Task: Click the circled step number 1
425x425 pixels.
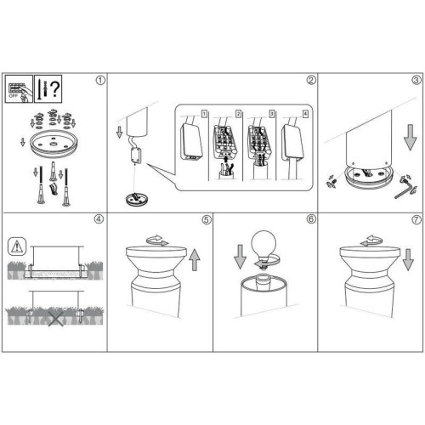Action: [x=100, y=80]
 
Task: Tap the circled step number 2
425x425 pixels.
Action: [x=311, y=80]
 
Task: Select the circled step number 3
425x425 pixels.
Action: [x=416, y=80]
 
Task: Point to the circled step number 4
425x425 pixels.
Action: [x=99, y=219]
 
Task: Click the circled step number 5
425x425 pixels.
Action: [x=207, y=219]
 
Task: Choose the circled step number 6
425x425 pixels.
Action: [x=311, y=219]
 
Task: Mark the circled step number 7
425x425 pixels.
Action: [x=416, y=219]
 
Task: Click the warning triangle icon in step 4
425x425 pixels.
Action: [x=17, y=246]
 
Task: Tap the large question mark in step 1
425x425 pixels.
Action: [x=55, y=88]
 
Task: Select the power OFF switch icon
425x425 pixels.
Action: [x=19, y=89]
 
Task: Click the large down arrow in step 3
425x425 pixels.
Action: [x=410, y=137]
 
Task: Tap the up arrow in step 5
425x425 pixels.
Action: [x=195, y=259]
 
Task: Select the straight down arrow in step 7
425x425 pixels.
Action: [x=408, y=259]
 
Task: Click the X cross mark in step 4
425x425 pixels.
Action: [x=55, y=318]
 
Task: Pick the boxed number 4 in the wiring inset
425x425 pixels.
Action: [x=305, y=114]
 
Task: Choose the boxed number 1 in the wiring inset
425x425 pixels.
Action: [x=204, y=114]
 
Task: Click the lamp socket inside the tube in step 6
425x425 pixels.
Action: [x=263, y=282]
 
